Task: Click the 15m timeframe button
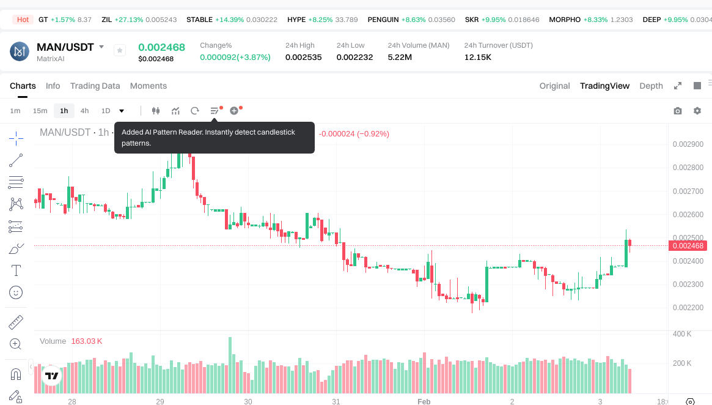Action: pyautogui.click(x=40, y=111)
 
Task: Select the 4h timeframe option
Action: pyautogui.click(x=84, y=111)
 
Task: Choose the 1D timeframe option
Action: pyautogui.click(x=106, y=111)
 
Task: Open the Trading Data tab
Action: pyautogui.click(x=95, y=86)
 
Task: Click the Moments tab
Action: pyautogui.click(x=149, y=86)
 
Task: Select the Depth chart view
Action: pyautogui.click(x=651, y=86)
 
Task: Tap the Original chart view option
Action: pyautogui.click(x=554, y=86)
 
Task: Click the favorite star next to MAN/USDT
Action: pyautogui.click(x=120, y=50)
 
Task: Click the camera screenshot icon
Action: pyautogui.click(x=677, y=111)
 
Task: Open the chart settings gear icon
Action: pyautogui.click(x=697, y=111)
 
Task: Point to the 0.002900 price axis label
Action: pyautogui.click(x=688, y=144)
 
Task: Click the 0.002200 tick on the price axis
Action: pyautogui.click(x=688, y=308)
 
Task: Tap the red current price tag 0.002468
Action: pyautogui.click(x=688, y=246)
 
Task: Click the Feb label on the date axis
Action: pyautogui.click(x=424, y=401)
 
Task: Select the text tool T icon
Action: pyautogui.click(x=16, y=270)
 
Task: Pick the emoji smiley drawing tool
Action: pyautogui.click(x=16, y=292)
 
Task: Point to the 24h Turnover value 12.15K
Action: pyautogui.click(x=478, y=57)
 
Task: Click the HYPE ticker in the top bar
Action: pyautogui.click(x=296, y=20)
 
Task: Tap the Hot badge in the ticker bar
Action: pyautogui.click(x=23, y=20)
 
